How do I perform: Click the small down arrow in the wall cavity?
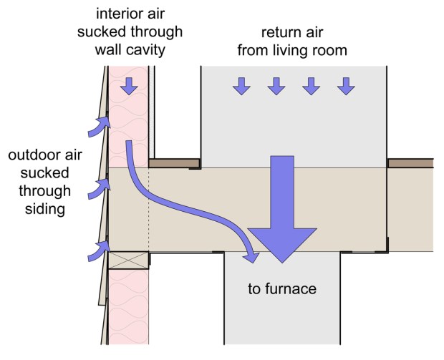[x=129, y=87]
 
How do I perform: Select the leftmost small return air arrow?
[x=241, y=87]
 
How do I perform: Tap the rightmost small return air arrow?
[x=347, y=87]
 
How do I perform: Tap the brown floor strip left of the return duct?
[x=173, y=163]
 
